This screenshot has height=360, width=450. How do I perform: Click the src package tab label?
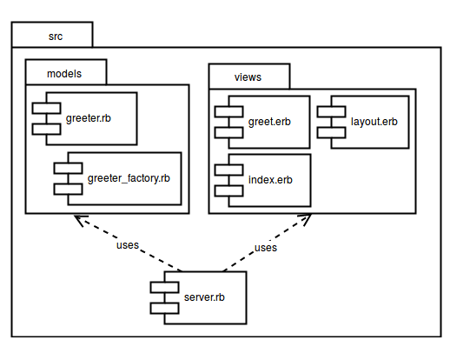click(x=56, y=37)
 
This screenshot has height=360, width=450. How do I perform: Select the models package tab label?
click(x=64, y=74)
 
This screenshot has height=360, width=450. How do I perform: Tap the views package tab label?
click(x=248, y=77)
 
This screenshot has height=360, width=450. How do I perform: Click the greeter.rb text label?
click(x=89, y=118)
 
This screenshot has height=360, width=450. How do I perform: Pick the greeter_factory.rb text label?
click(x=129, y=178)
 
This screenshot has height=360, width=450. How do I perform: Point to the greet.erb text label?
click(x=269, y=122)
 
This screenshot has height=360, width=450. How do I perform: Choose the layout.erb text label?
click(x=374, y=122)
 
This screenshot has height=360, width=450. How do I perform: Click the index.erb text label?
click(x=270, y=180)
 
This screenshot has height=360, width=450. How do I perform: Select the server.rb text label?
click(x=204, y=297)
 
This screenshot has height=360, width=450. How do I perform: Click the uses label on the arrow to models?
click(x=128, y=245)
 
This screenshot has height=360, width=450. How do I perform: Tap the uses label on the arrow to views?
click(x=266, y=248)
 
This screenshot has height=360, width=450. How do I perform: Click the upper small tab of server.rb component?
click(x=164, y=287)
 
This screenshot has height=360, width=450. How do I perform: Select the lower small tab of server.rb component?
click(x=164, y=309)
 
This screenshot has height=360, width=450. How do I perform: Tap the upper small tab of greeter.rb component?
click(x=46, y=108)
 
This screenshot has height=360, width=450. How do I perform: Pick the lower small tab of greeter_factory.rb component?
click(x=68, y=190)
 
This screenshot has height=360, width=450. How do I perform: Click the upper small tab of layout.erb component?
click(x=331, y=111)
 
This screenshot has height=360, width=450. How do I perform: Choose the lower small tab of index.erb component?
click(x=228, y=191)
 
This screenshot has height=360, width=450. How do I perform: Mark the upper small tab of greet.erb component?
click(x=228, y=111)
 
